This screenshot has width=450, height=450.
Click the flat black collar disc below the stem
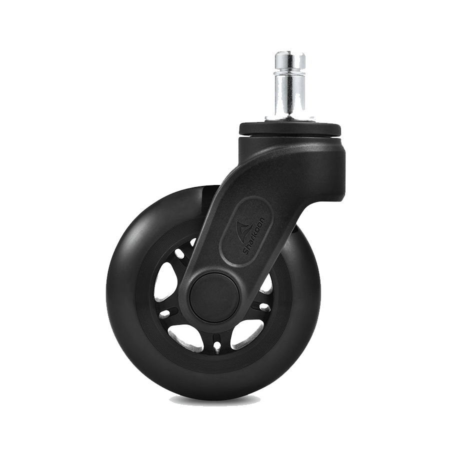[x=290, y=129]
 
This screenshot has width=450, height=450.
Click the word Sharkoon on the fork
[x=253, y=235]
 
